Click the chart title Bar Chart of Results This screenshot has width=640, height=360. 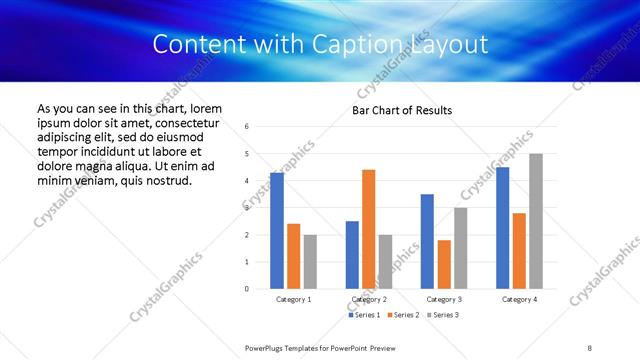tap(402, 110)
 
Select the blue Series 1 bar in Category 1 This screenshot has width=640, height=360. tap(277, 231)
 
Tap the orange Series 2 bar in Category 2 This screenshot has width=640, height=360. tap(368, 229)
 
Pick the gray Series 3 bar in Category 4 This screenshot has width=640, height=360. tap(536, 221)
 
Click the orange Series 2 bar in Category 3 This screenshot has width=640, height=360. tap(444, 265)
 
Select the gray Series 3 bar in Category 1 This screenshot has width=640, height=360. tap(310, 262)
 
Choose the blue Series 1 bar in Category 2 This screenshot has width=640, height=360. tap(352, 255)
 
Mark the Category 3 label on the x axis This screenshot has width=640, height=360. tap(444, 299)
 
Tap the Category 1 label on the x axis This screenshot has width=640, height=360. tap(293, 299)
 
